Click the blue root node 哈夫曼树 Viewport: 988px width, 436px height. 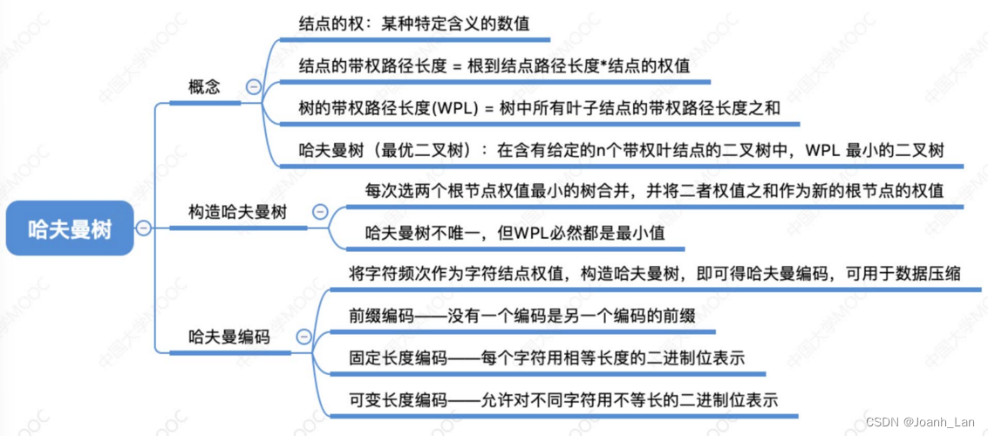click(71, 228)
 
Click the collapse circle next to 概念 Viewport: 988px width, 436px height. click(254, 86)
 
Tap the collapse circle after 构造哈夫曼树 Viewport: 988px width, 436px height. click(319, 212)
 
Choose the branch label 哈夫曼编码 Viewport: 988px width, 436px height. click(228, 337)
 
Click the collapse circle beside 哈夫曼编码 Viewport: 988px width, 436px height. click(303, 337)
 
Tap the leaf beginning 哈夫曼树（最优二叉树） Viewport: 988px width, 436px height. click(620, 149)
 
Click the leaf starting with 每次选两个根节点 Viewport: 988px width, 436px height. click(654, 190)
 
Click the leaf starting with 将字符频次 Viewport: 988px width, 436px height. click(654, 273)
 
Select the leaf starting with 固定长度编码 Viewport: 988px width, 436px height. click(545, 358)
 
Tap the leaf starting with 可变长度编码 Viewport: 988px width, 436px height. click(562, 399)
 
